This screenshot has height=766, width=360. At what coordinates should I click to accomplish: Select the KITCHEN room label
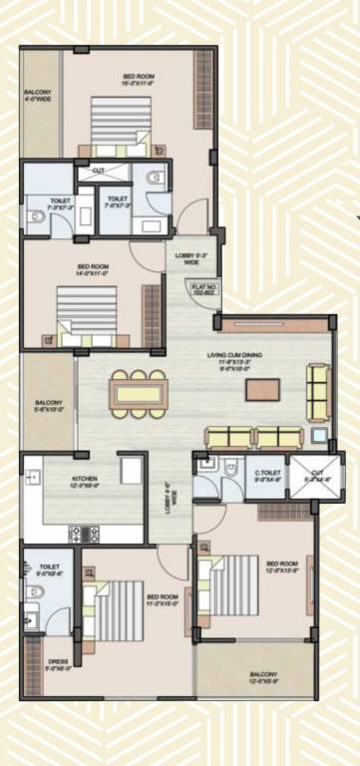coord(83,485)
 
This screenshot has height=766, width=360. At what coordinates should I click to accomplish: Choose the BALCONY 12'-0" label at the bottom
coord(264,678)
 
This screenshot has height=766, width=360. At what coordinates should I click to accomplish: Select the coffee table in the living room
coord(260,388)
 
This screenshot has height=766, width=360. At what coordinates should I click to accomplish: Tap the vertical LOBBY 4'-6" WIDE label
coord(172,492)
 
